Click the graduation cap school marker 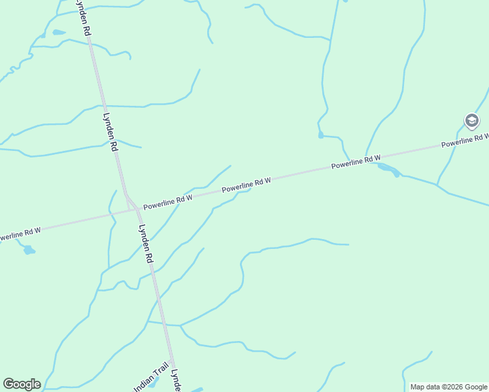pyautogui.click(x=471, y=121)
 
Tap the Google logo pyautogui.click(x=22, y=384)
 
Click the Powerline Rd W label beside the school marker pyautogui.click(x=465, y=139)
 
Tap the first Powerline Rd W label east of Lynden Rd pyautogui.click(x=167, y=201)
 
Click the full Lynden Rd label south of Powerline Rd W pyautogui.click(x=146, y=244)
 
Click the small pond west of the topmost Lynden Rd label pyautogui.click(x=59, y=32)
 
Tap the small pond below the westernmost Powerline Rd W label pyautogui.click(x=28, y=250)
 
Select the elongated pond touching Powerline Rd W pyautogui.click(x=388, y=170)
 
